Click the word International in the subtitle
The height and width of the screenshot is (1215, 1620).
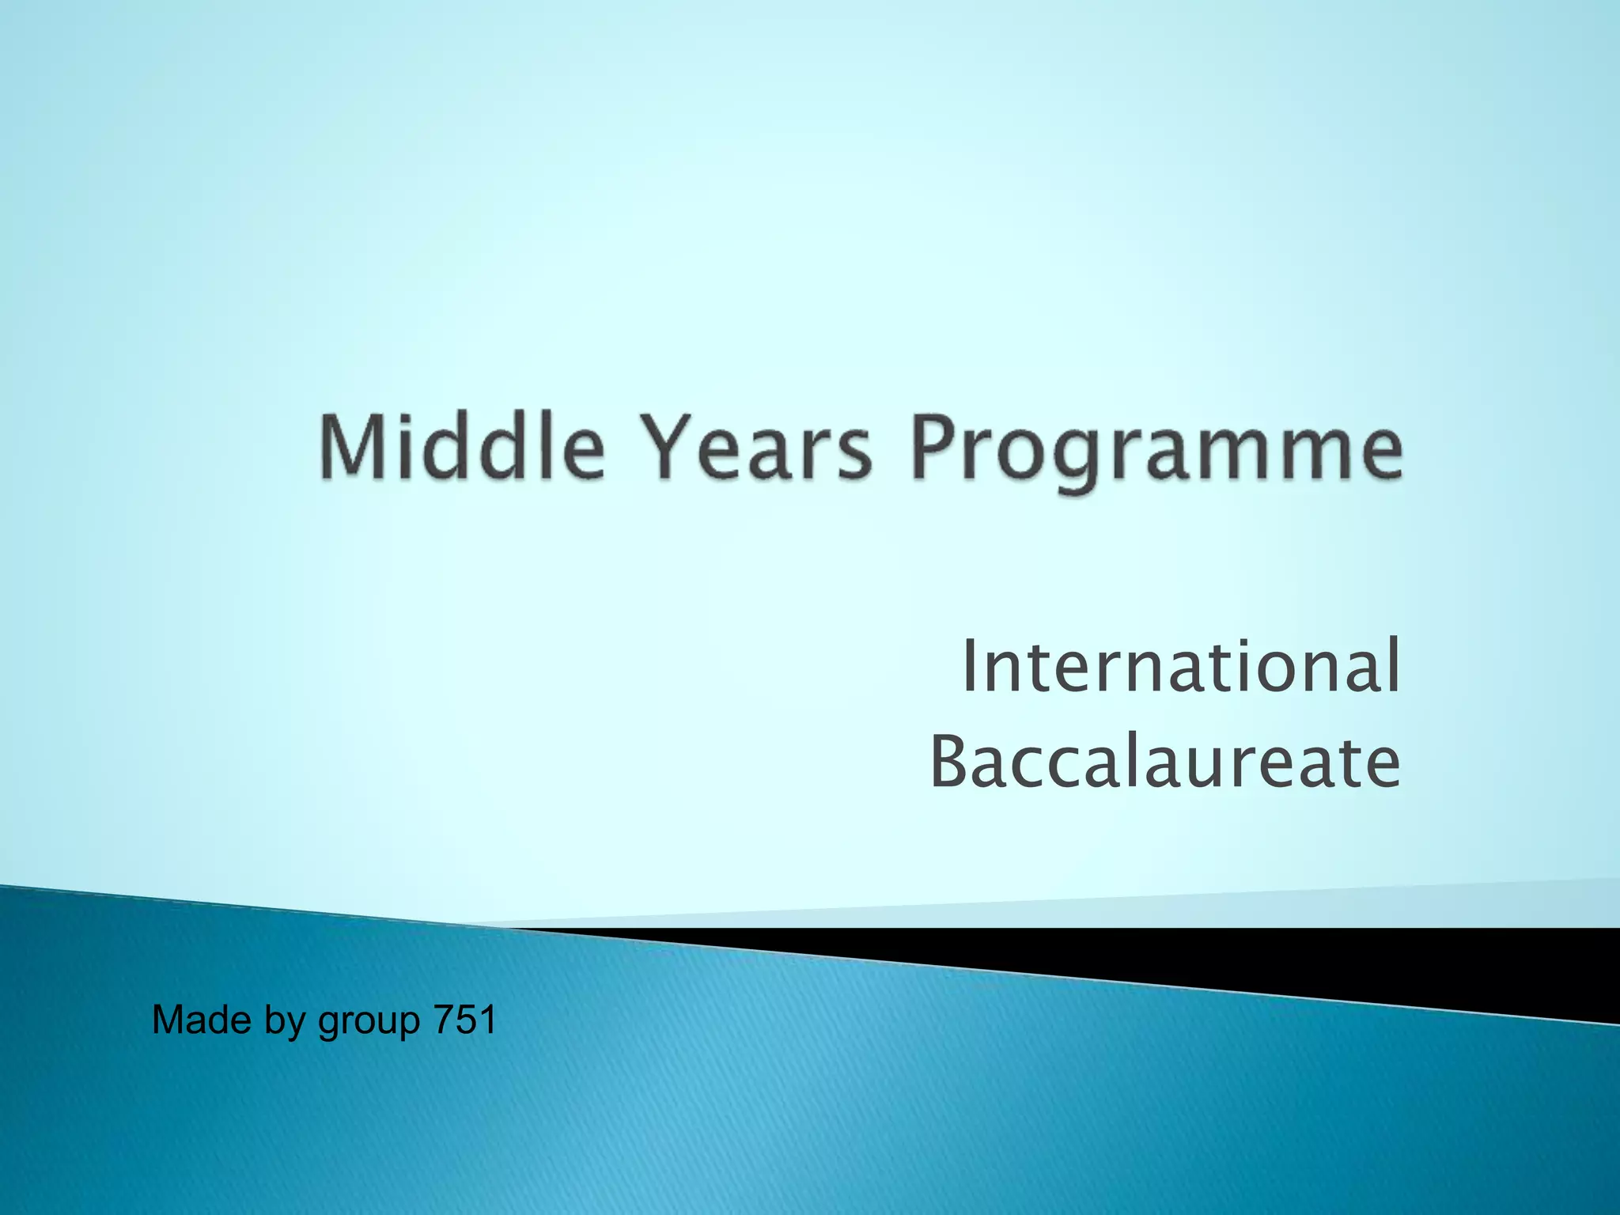[1180, 666]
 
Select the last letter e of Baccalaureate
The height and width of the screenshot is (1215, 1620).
[1378, 767]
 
